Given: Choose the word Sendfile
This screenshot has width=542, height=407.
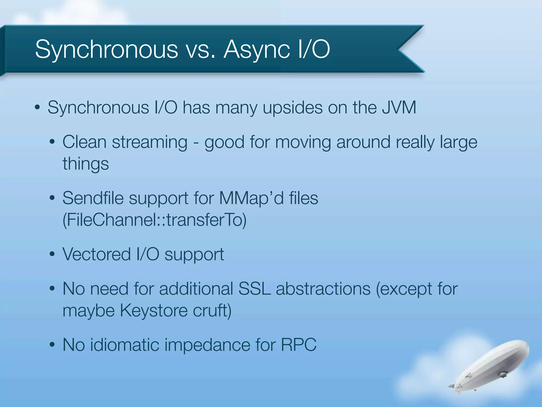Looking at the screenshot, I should pyautogui.click(x=93, y=198).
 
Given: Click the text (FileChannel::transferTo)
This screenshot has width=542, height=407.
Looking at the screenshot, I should pyautogui.click(x=154, y=220).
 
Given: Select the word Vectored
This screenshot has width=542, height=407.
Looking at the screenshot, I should pyautogui.click(x=97, y=254).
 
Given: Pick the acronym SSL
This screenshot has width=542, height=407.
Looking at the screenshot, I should pyautogui.click(x=254, y=289).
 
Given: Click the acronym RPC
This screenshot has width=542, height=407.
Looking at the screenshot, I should pyautogui.click(x=299, y=345).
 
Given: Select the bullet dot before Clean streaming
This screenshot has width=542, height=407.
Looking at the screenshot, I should pyautogui.click(x=52, y=142).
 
